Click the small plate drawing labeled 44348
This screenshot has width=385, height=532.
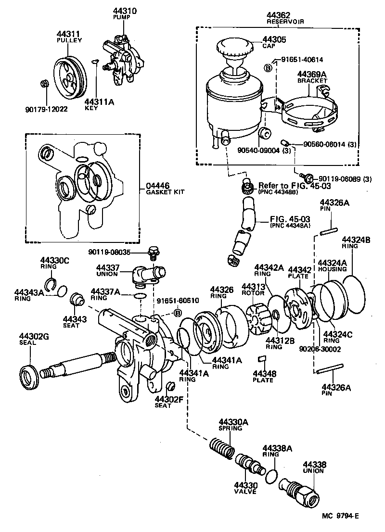(263, 358)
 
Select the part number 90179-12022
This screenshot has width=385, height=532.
(46, 109)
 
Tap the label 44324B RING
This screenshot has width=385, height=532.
(356, 242)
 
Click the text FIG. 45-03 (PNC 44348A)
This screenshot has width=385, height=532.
(289, 222)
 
